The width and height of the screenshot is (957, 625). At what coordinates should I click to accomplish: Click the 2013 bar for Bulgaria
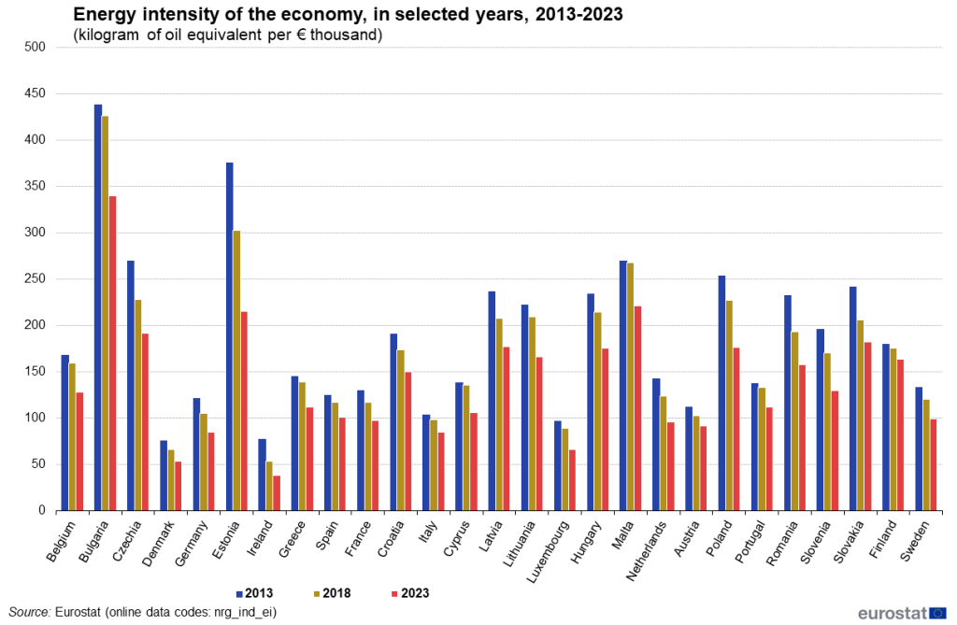(x=98, y=307)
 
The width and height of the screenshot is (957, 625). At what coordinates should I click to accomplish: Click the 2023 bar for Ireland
(x=277, y=493)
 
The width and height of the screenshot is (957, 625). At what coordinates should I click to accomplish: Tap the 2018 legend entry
(x=337, y=592)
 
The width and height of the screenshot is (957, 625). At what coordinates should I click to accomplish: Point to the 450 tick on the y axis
(x=36, y=93)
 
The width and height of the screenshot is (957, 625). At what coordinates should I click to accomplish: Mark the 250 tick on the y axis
(x=36, y=278)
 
